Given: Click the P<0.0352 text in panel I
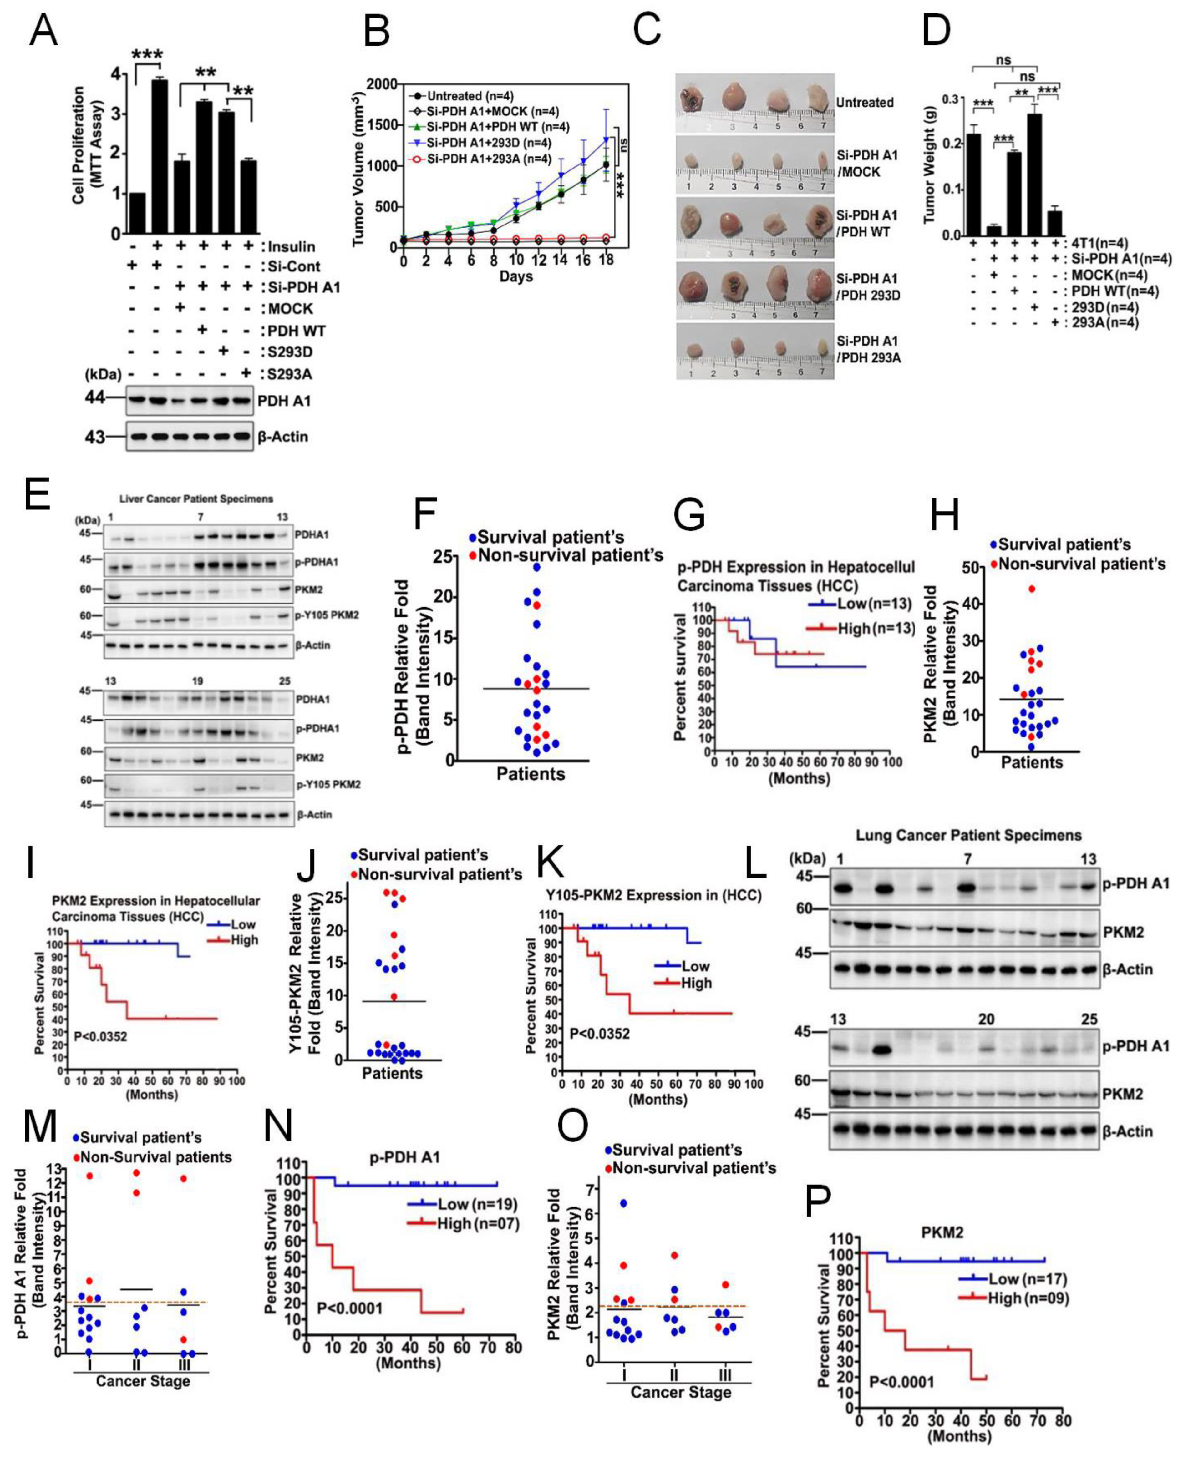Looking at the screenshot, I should pyautogui.click(x=100, y=1036).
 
